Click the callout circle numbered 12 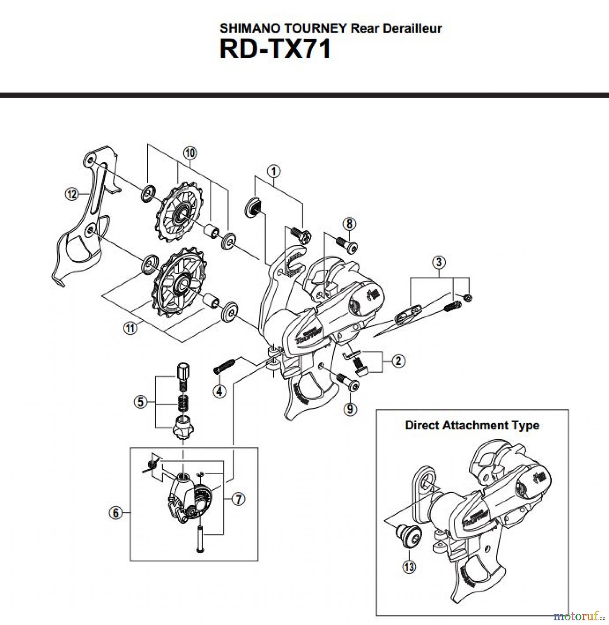pyautogui.click(x=72, y=194)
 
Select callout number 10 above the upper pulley pyautogui.click(x=190, y=153)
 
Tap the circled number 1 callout pyautogui.click(x=274, y=171)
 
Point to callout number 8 pyautogui.click(x=349, y=224)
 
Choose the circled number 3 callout pyautogui.click(x=439, y=262)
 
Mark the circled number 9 pyautogui.click(x=350, y=409)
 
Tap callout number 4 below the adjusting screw pyautogui.click(x=219, y=391)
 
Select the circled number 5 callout pyautogui.click(x=141, y=402)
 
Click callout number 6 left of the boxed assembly pyautogui.click(x=116, y=513)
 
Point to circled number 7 pyautogui.click(x=239, y=499)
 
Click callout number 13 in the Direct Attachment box pyautogui.click(x=409, y=567)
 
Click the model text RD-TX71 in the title pyautogui.click(x=275, y=50)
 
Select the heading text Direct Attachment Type pyautogui.click(x=472, y=425)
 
